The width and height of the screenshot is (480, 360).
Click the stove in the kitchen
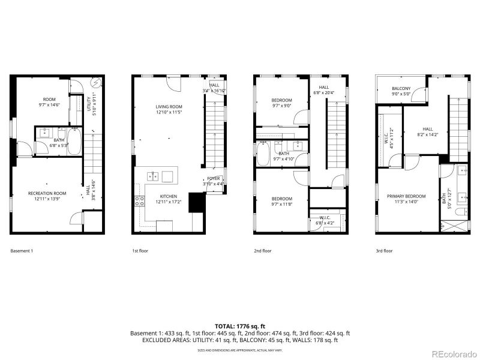(139, 202)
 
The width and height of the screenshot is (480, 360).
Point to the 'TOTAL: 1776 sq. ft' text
(240, 325)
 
